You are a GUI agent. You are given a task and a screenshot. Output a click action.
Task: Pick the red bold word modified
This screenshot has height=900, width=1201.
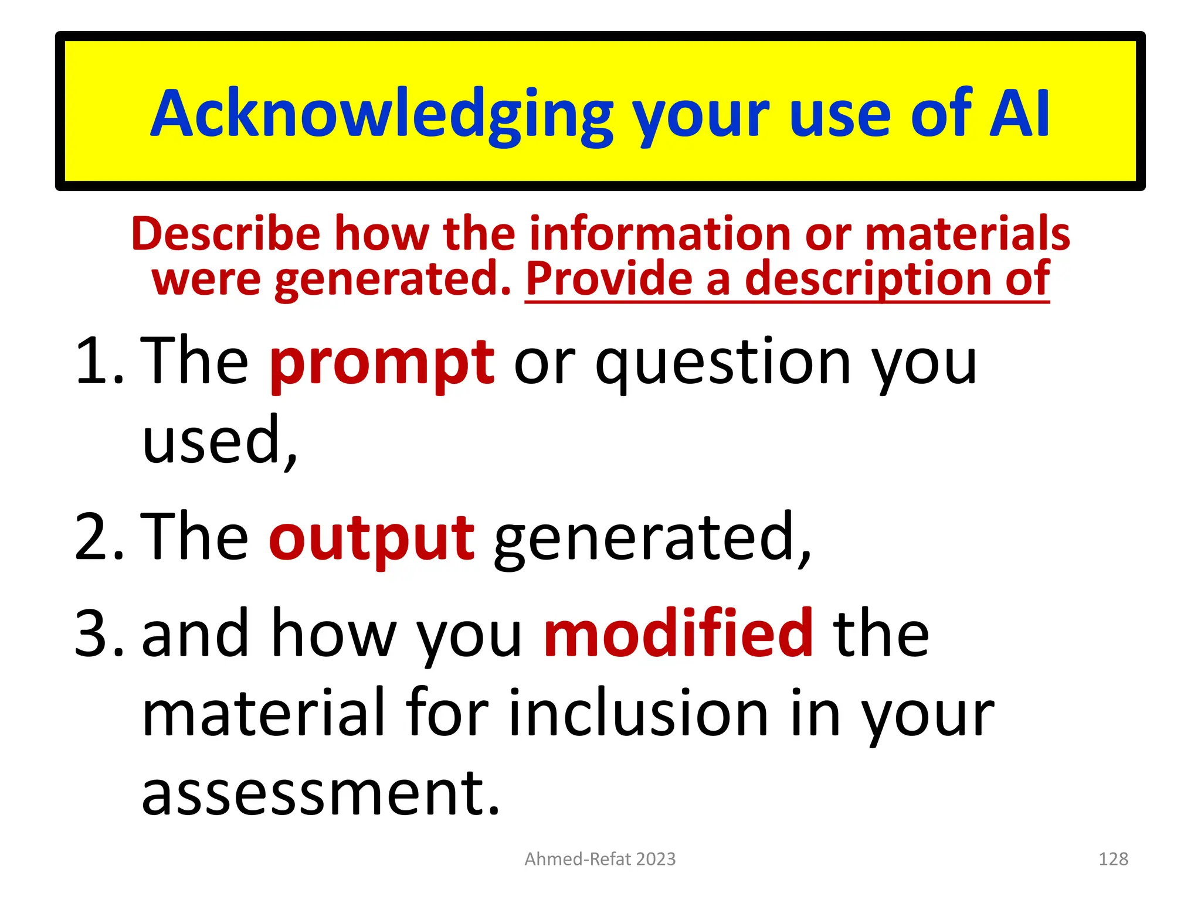click(x=678, y=634)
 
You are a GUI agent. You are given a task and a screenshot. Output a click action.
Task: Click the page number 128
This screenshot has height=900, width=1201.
click(x=1112, y=859)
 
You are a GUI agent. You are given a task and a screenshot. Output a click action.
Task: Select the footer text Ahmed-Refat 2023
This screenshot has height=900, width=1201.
click(x=600, y=859)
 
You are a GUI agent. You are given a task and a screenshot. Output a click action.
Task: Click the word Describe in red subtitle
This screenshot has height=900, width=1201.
click(x=226, y=233)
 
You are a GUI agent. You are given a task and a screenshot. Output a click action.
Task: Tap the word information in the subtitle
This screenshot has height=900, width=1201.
click(x=659, y=233)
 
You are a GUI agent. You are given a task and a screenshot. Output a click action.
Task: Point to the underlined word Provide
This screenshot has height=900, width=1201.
click(x=609, y=279)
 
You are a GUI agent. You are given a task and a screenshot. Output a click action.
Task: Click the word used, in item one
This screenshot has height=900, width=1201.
click(x=219, y=441)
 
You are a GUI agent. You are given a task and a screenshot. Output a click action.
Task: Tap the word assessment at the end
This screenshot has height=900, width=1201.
click(x=320, y=792)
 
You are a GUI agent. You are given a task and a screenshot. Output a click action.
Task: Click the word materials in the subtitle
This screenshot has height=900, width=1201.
click(x=967, y=233)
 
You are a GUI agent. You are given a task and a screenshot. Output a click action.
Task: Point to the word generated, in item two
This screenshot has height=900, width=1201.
click(x=652, y=538)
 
